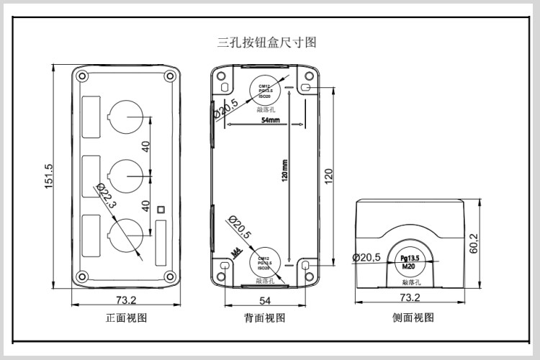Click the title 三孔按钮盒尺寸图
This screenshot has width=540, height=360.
(x=267, y=42)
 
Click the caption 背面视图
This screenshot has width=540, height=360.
(x=265, y=318)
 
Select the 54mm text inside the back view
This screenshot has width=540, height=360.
(x=270, y=121)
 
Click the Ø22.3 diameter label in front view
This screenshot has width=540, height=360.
(x=105, y=195)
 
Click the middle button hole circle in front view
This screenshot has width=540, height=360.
(x=126, y=172)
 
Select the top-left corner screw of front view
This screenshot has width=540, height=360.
(x=82, y=76)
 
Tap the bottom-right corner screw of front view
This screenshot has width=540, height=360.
(x=170, y=275)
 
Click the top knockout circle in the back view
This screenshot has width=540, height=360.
(x=264, y=89)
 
